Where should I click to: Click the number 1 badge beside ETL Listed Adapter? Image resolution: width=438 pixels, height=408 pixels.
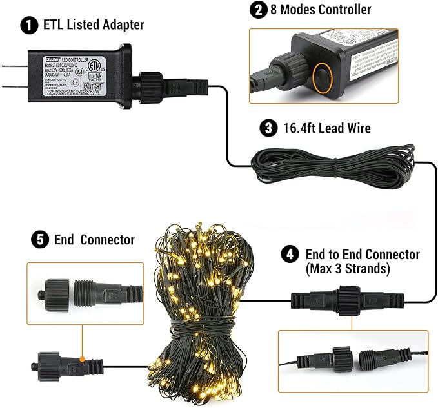[x=28, y=26]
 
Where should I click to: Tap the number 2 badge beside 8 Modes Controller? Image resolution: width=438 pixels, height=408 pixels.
[x=259, y=10]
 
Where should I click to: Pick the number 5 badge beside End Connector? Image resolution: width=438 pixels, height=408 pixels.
[x=39, y=240]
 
